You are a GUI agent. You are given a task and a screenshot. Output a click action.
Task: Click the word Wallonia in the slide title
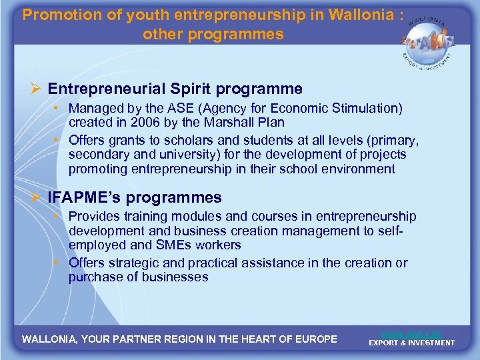363,15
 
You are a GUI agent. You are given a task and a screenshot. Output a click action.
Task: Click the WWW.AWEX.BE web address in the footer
411,333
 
